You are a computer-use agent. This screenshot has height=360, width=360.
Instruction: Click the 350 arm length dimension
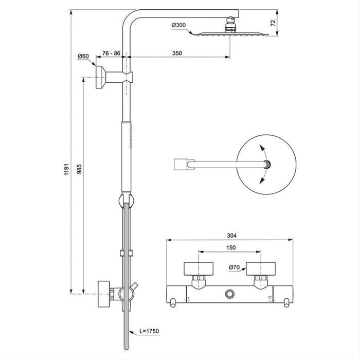(x=177, y=53)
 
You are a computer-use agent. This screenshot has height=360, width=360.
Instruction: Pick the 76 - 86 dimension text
(x=111, y=53)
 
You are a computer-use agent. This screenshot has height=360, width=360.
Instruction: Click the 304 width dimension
(x=231, y=236)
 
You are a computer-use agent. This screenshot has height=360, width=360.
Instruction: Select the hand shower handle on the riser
(x=126, y=154)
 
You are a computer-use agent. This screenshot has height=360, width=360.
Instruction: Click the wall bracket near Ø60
(x=102, y=77)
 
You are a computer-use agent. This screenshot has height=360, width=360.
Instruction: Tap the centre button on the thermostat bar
(x=229, y=294)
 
